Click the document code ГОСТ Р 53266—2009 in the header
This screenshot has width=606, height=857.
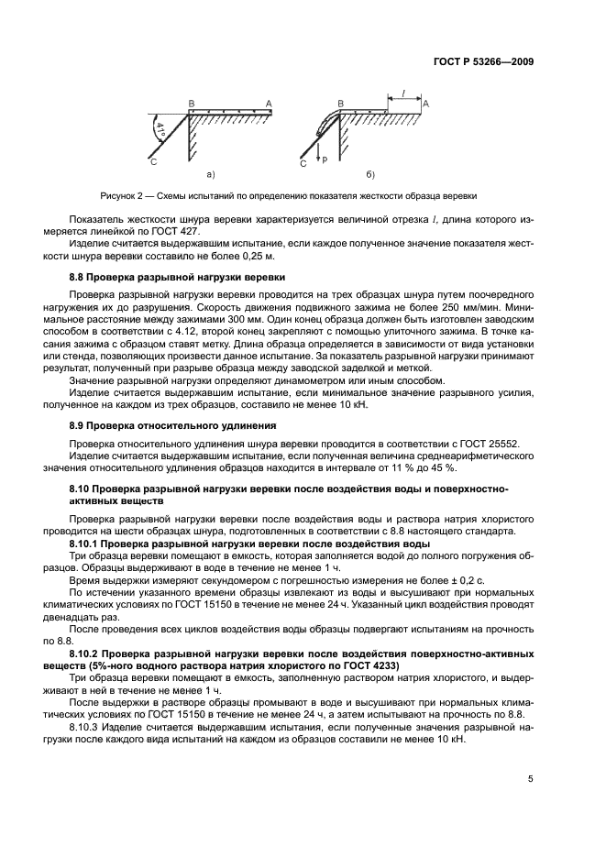pyautogui.click(x=483, y=61)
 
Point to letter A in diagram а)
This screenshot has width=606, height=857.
pyautogui.click(x=269, y=104)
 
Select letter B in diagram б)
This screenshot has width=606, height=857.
pyautogui.click(x=340, y=104)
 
